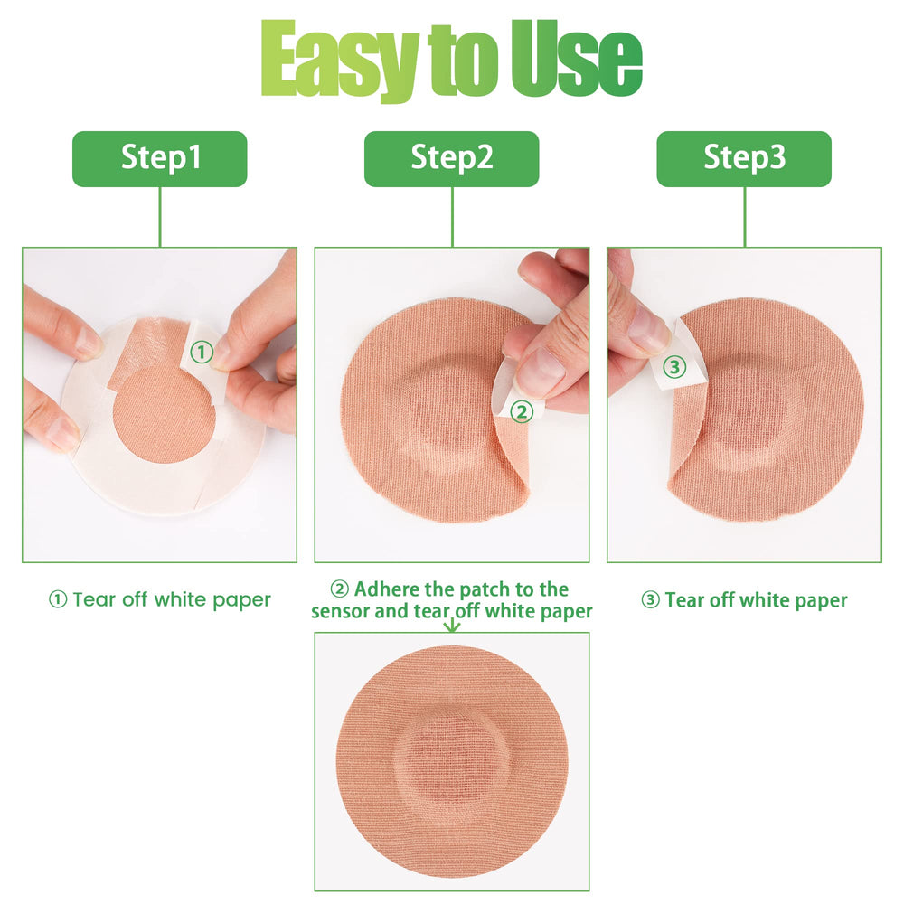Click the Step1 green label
160,158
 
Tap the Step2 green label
451,158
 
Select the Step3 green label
744,158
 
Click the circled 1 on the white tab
202,352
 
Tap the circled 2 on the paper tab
522,411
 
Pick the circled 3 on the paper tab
674,367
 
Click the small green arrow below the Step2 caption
453,624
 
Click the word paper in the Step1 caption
241,601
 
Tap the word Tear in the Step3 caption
684,600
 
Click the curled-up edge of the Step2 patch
512,467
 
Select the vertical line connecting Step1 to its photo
160,217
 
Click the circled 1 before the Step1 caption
58,599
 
